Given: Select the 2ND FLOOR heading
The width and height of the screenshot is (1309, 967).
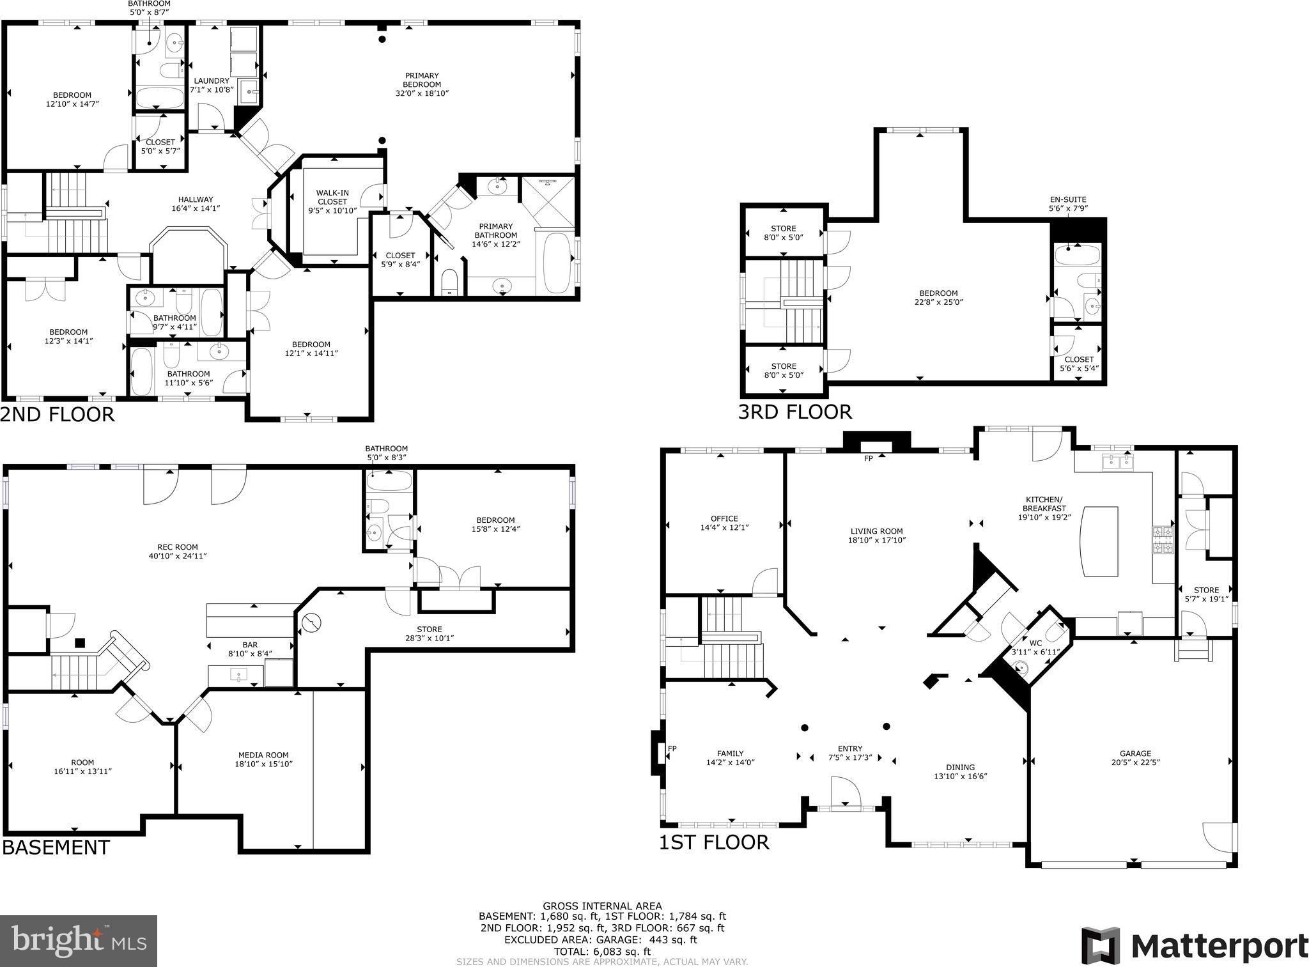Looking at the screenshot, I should (58, 414).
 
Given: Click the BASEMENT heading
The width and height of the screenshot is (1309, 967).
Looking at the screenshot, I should (56, 847).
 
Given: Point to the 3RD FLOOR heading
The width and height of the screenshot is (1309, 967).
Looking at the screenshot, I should (794, 412).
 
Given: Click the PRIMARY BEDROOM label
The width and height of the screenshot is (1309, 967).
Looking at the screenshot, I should (422, 80).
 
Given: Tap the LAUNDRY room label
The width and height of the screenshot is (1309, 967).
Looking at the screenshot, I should (211, 81).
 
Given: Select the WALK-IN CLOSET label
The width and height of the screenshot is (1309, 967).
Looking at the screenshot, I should (332, 197).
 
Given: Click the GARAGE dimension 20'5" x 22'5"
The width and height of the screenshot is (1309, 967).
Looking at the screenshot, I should (1135, 762).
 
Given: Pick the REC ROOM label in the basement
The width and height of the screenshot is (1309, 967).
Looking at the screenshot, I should (177, 547).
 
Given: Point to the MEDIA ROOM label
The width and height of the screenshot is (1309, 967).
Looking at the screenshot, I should (263, 755).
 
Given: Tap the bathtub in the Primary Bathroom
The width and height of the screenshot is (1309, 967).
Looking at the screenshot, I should (558, 262).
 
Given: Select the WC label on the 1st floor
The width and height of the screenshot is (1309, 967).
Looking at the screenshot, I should (1035, 643).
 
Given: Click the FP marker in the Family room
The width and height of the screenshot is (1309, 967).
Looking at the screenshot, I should (672, 748).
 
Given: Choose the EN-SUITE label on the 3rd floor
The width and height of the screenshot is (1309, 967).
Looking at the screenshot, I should (1067, 199).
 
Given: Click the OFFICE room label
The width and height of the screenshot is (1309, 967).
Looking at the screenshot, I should (724, 519).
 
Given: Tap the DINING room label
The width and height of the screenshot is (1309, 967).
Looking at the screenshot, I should (960, 768).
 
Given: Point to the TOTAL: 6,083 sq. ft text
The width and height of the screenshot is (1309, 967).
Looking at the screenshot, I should (602, 952).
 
